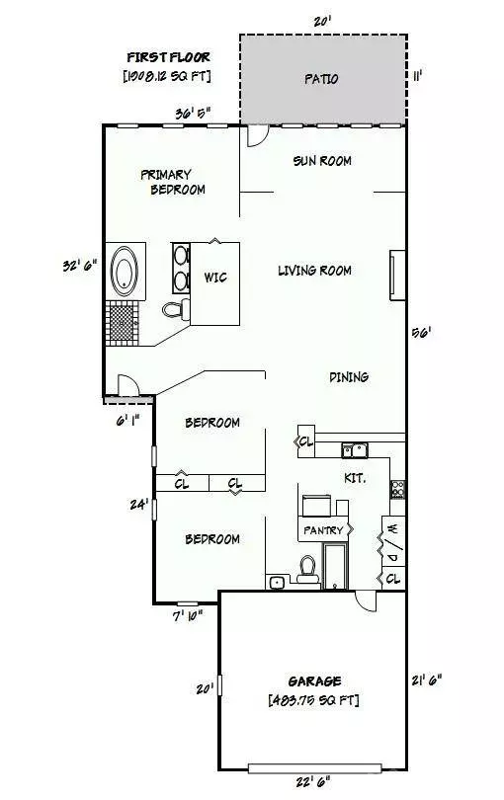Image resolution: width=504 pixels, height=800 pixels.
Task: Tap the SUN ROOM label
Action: point(322,160)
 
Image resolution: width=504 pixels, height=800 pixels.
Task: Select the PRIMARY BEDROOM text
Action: point(172,181)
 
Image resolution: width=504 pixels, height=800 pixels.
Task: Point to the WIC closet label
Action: point(214,278)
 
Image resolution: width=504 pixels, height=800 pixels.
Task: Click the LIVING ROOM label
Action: point(314,270)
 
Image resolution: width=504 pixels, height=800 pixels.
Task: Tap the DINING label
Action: point(348,376)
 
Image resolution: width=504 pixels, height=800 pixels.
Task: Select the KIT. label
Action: point(355,477)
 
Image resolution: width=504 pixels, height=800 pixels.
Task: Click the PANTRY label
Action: point(323,530)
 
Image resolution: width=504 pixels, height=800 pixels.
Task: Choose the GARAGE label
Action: point(314,680)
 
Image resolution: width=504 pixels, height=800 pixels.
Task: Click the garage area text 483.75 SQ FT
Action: point(313,700)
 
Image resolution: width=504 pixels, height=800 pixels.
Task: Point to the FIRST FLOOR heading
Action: point(167,56)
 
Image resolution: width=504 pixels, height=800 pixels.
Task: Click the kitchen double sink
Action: point(355,451)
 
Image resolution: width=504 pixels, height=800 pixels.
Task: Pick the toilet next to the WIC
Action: point(175,310)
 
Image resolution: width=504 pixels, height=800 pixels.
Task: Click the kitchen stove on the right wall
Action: point(397,488)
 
